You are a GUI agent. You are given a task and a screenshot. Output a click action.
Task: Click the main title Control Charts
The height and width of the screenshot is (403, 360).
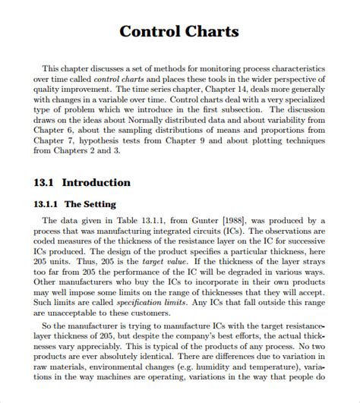point(180,32)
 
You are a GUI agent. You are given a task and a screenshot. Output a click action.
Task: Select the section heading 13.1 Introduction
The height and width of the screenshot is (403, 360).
point(83,182)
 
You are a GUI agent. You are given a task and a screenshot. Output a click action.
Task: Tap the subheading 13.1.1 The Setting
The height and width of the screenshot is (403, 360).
point(75,204)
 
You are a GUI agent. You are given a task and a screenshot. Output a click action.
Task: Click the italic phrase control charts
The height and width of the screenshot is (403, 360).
point(118,79)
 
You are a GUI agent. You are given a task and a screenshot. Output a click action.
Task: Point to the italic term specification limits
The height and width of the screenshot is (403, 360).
point(121,302)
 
